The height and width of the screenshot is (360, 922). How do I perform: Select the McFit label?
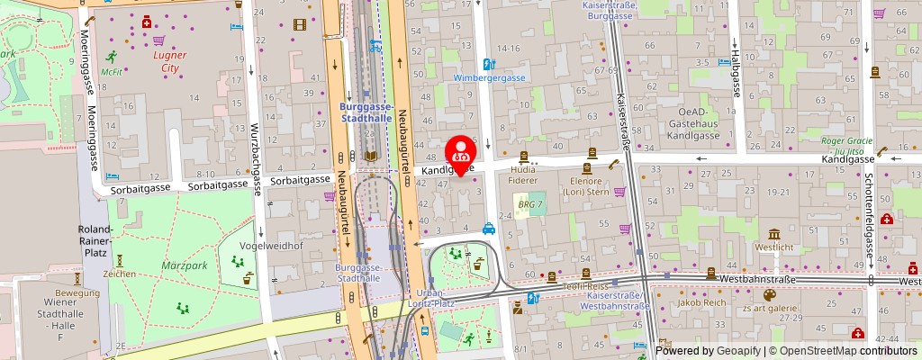(x=112, y=72)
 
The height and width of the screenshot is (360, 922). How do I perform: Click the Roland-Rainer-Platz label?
(x=95, y=241)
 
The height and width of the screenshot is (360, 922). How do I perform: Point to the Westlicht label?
(x=774, y=246)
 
